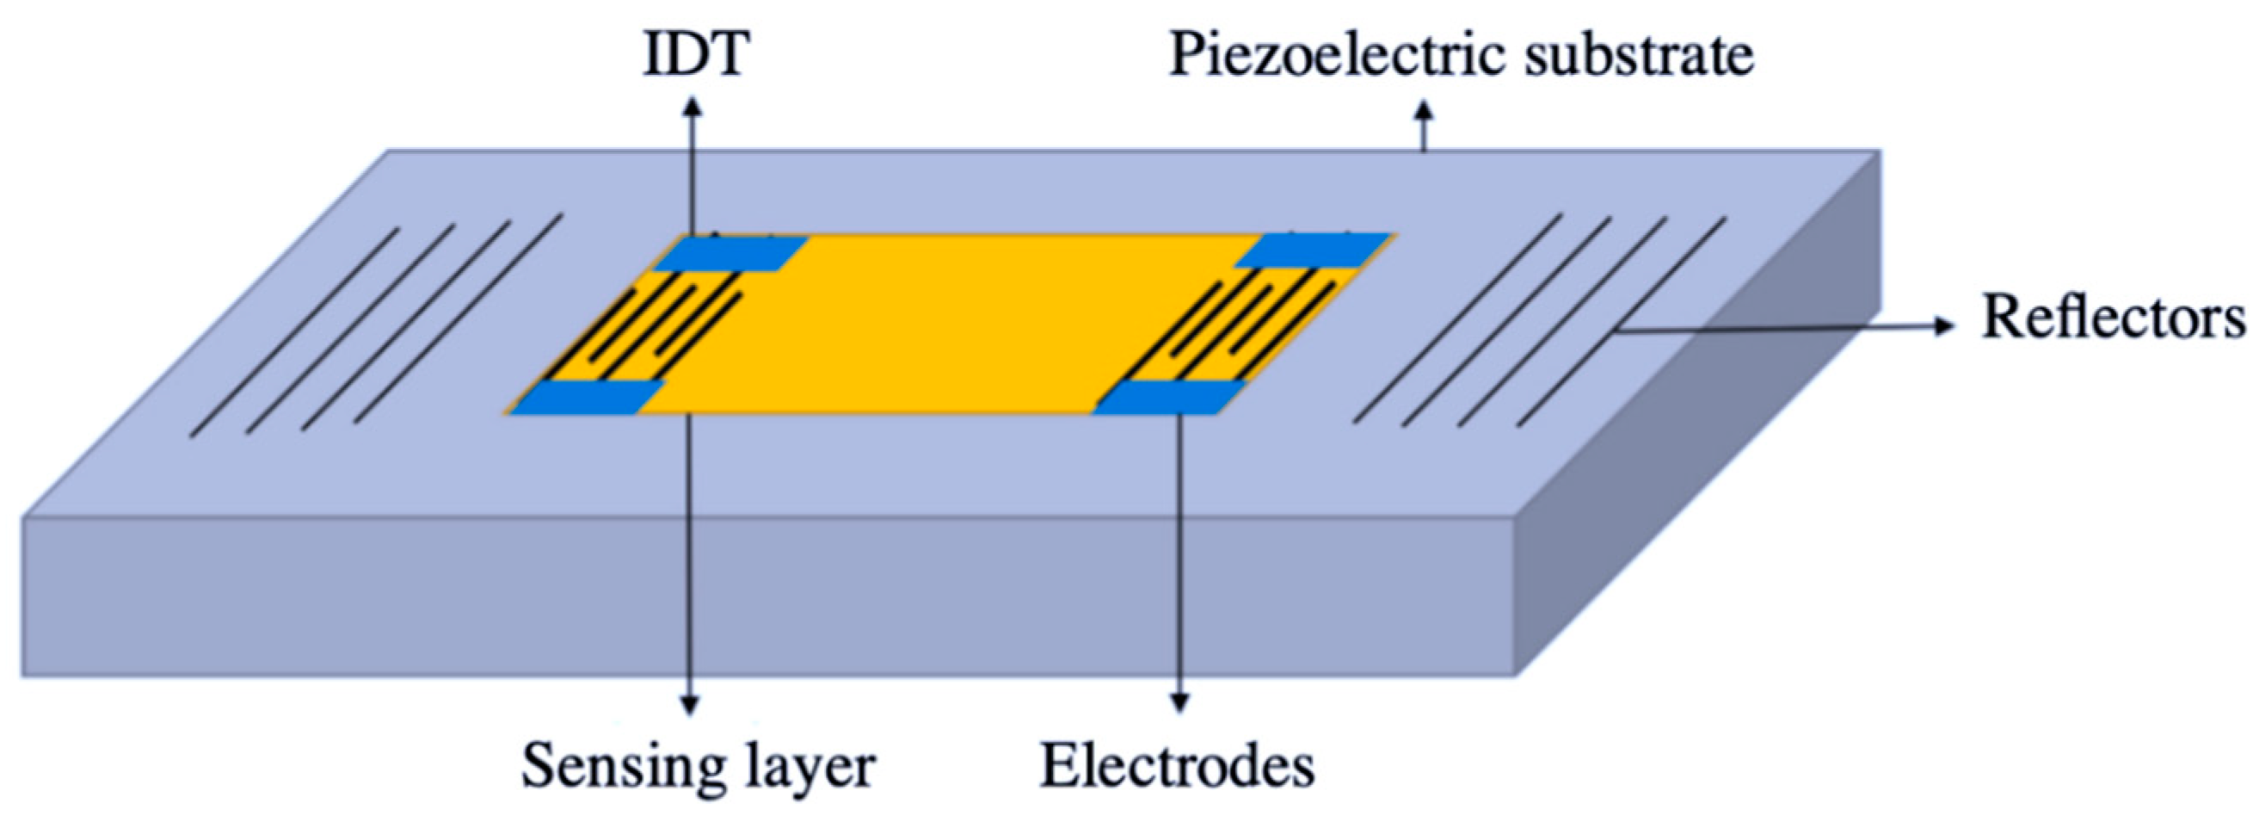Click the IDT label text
(695, 55)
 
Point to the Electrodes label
(1177, 766)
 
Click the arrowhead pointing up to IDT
(692, 106)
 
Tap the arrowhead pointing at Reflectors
(1945, 326)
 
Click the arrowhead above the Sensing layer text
(690, 704)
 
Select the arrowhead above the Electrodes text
(1180, 703)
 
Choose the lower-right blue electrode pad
(1170, 398)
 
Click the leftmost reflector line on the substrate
(295, 332)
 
